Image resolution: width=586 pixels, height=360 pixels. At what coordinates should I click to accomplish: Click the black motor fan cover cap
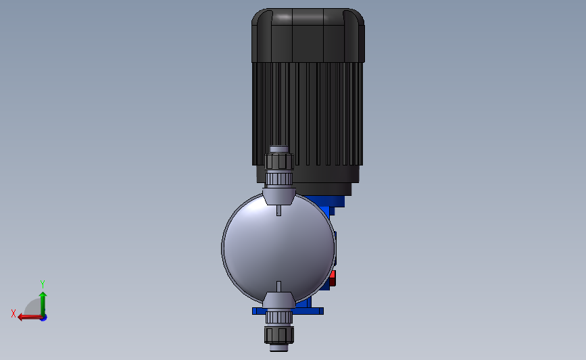point(308,35)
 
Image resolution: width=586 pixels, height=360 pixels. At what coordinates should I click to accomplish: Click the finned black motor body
point(308,114)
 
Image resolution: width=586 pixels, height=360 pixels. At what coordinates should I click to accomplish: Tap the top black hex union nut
point(278,161)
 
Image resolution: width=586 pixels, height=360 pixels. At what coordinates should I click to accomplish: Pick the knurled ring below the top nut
point(278,178)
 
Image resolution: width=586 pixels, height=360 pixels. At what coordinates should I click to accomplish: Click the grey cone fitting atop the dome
point(278,196)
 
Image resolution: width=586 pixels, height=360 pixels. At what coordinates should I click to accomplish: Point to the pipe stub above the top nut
point(278,149)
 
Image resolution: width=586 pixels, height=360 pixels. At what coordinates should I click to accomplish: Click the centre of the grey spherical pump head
point(278,247)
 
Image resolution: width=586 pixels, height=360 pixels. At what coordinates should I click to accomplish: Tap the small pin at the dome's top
point(278,210)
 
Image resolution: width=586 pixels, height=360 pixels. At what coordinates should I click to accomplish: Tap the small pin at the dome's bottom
point(278,287)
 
